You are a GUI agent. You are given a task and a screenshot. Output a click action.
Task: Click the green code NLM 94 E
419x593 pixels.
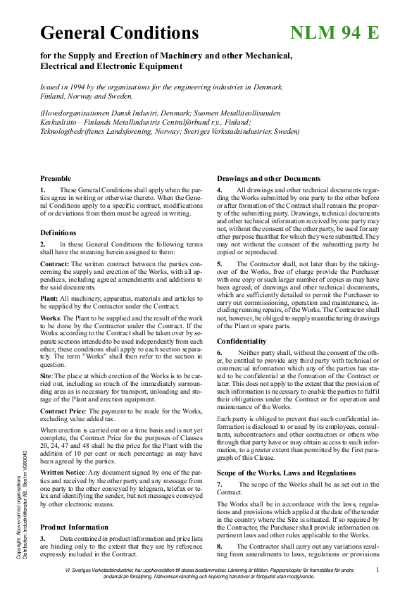tap(334, 32)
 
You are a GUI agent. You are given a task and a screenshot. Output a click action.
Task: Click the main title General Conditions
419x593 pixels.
tap(120, 32)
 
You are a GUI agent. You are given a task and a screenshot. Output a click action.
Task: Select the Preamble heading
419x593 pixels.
tap(56, 178)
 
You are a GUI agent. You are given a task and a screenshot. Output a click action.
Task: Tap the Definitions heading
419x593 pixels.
tap(58, 232)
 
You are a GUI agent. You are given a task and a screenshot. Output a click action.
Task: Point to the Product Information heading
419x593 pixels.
tap(74, 527)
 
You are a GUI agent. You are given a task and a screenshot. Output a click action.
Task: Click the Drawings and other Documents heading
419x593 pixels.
tap(268, 178)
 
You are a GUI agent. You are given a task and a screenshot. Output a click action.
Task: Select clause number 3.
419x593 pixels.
tap(43, 538)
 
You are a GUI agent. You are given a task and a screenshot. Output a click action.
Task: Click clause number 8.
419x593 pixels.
tap(219, 546)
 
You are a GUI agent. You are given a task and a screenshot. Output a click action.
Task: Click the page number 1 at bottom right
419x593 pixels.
tap(377, 569)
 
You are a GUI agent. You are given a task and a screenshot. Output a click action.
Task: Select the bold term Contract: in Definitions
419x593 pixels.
tap(54, 263)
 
